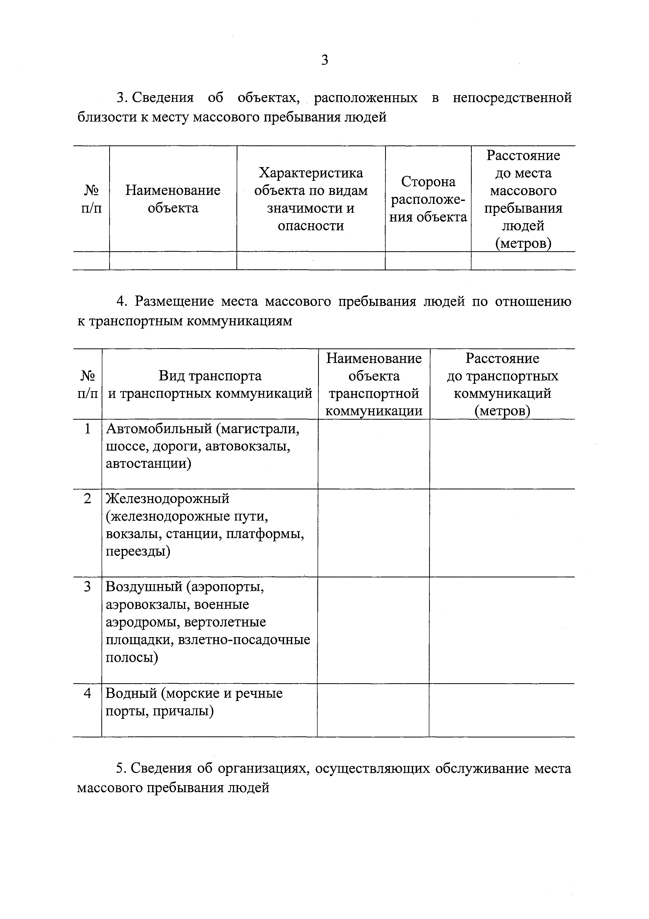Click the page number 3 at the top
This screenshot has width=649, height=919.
point(324,60)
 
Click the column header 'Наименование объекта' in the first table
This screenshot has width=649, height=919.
point(173,199)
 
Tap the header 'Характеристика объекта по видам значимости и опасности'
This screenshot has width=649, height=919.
point(311,199)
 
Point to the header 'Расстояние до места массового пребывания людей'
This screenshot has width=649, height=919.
point(523,199)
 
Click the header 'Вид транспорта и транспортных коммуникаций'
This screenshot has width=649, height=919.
point(210,385)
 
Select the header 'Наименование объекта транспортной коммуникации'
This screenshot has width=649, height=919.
point(374,385)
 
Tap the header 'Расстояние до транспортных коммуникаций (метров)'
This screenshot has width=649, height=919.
point(502,385)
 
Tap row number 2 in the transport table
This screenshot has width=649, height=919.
point(87,499)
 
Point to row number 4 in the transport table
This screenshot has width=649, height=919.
point(87,693)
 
